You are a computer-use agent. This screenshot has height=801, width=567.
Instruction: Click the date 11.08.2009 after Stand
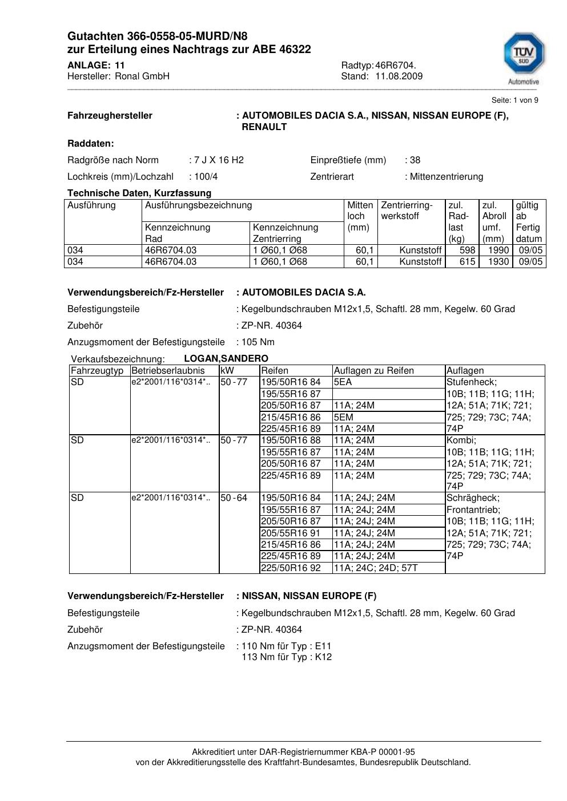399,76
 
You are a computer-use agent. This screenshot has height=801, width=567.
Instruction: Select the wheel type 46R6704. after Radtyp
396,65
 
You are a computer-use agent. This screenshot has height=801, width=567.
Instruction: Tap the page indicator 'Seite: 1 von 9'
514,100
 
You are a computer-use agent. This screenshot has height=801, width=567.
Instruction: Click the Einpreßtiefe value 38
415,160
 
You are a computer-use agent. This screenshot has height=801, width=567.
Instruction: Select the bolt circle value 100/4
206,177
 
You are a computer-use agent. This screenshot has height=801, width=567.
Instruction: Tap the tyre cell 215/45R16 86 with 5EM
291,417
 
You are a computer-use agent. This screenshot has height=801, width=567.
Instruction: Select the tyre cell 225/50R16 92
291,568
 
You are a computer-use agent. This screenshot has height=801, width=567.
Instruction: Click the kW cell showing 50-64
234,498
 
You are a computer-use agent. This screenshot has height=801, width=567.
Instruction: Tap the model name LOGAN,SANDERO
226,359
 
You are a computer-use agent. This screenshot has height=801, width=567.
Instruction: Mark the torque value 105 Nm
258,342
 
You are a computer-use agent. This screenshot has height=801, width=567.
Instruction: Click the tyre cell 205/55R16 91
291,533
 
